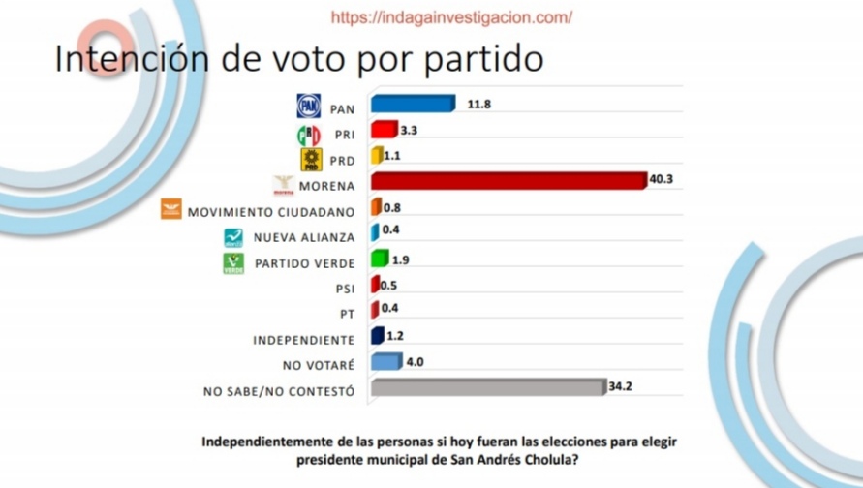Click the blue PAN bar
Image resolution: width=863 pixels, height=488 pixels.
click(413, 105)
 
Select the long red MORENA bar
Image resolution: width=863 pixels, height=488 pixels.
click(508, 181)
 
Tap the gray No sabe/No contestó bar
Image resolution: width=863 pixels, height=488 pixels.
click(487, 388)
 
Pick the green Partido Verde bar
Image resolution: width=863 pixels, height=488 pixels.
click(380, 259)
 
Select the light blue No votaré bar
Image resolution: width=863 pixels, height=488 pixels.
click(385, 363)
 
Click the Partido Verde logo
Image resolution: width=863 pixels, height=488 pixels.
click(233, 262)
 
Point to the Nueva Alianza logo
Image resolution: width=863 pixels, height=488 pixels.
click(233, 236)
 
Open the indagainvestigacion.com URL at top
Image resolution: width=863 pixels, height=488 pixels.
click(451, 17)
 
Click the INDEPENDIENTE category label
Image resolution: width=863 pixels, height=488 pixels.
click(304, 340)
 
